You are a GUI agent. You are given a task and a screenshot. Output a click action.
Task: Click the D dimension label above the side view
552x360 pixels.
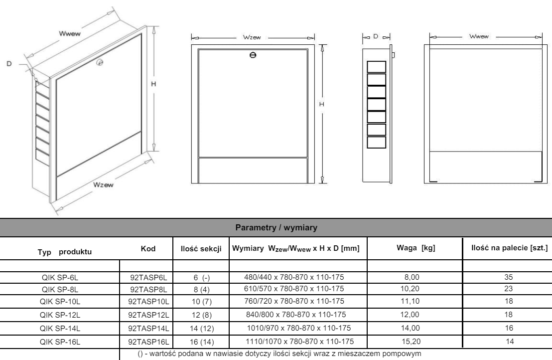tap(376, 37)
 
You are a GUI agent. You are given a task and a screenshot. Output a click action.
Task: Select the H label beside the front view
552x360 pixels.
tap(322, 103)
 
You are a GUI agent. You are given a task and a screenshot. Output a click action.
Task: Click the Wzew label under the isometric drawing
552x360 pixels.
tap(104, 185)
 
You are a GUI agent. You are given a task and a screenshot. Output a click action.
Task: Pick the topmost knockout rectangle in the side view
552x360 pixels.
tap(377, 66)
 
